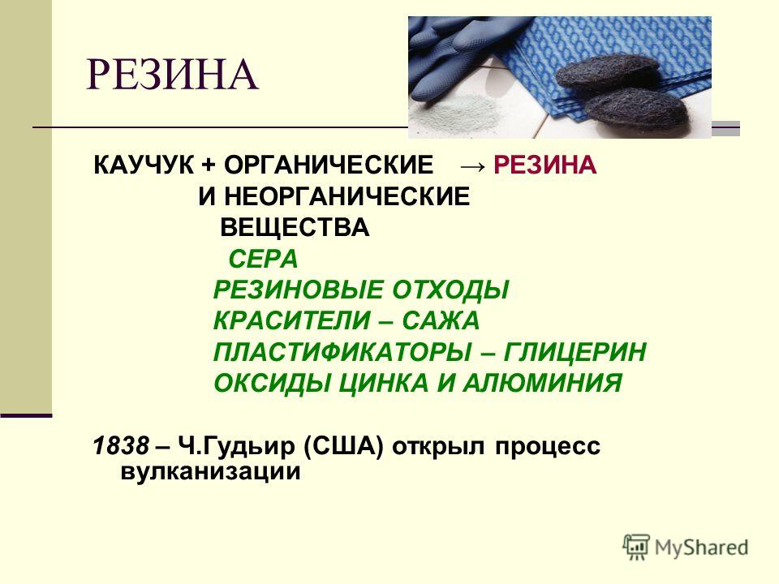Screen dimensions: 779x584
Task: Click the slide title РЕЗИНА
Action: tap(172, 75)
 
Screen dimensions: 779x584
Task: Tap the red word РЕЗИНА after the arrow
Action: tap(545, 165)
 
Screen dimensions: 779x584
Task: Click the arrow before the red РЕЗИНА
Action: tap(472, 165)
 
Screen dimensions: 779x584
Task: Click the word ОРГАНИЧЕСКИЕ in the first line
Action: tap(329, 165)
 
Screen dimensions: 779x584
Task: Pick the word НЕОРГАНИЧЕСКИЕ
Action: tap(346, 196)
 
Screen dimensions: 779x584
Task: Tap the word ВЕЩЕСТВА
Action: tap(295, 228)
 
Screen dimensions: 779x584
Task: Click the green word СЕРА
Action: tap(263, 260)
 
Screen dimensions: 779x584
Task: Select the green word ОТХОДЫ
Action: tap(450, 290)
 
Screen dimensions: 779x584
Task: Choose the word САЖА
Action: tap(441, 321)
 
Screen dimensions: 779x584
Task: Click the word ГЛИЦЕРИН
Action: tap(575, 352)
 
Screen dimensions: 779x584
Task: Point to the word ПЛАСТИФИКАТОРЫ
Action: tap(342, 352)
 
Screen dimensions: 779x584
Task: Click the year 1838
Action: tap(121, 446)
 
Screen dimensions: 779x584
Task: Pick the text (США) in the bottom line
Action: tap(343, 446)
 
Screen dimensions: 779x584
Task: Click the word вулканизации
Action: tap(211, 471)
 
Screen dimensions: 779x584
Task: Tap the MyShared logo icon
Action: tap(636, 547)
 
